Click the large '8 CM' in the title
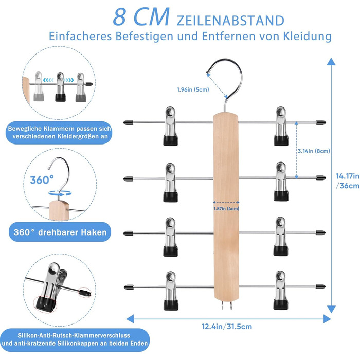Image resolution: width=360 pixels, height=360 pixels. coord(141,17)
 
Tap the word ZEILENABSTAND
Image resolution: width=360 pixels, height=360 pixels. coord(230,21)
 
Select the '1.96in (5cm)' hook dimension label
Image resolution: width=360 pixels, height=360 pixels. coord(193,89)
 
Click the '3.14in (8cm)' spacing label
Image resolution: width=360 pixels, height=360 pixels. coord(314,151)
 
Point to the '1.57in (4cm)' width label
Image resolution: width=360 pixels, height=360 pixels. coord(226,208)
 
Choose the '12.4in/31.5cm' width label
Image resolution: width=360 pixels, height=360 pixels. coord(227,326)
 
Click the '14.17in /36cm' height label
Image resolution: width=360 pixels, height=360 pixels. coord(348,181)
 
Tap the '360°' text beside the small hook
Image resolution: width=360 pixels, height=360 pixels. coord(42,180)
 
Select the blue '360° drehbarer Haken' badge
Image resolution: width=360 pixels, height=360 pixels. coord(60,232)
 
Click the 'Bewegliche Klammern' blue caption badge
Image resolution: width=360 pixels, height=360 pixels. coord(59,133)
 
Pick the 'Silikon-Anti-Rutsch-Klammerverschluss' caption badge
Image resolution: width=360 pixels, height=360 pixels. coord(75,339)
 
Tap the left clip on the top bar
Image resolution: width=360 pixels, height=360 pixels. coord(170,126)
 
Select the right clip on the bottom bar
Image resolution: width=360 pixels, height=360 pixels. coord(281,290)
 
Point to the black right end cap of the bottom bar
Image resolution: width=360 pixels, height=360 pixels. coord(320,286)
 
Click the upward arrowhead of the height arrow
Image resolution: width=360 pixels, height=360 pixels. coord(331,62)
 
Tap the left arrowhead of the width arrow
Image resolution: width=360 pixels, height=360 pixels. coord(130,319)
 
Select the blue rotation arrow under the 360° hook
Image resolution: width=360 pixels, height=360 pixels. coord(60,193)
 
